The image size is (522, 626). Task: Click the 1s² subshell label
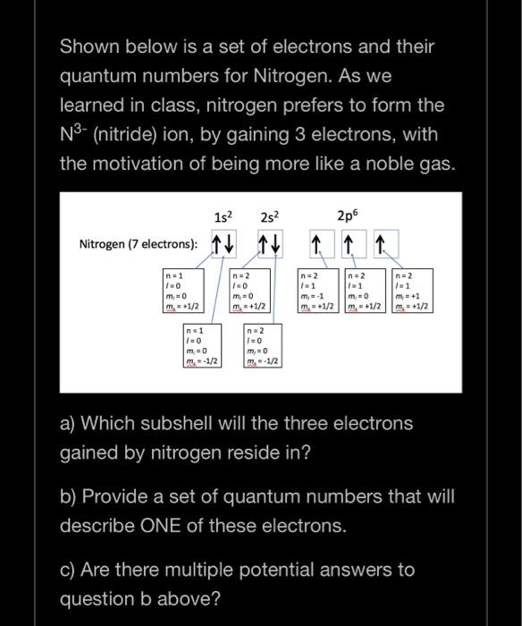pos(224,216)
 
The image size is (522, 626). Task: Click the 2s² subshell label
pos(271,216)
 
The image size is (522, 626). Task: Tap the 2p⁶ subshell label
pos(349,216)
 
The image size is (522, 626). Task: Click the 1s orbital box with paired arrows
pos(224,244)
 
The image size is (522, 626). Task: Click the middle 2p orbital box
pos(349,244)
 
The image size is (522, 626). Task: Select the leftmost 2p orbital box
pos(318,244)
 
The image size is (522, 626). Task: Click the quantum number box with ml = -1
pos(319,291)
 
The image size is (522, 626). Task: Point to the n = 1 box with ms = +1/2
pos(184,291)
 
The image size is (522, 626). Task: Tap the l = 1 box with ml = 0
pos(366,291)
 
